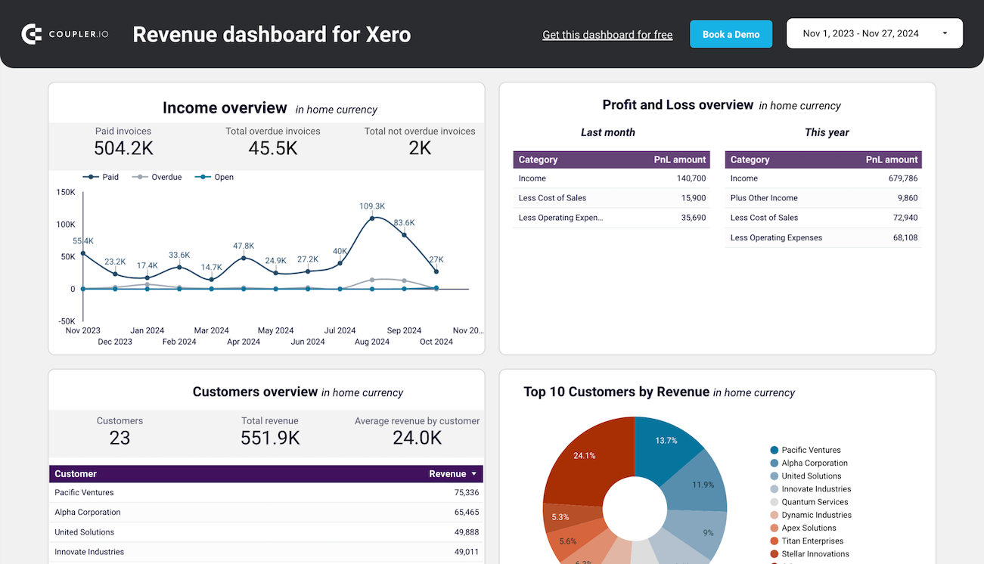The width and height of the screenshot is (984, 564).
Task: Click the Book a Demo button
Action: tap(731, 34)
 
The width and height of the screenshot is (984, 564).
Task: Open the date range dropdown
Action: tap(874, 34)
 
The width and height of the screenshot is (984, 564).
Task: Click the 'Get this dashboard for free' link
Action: tap(607, 35)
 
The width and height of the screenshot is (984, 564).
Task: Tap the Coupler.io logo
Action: tap(65, 34)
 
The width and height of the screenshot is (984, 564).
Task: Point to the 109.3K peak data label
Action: tap(372, 206)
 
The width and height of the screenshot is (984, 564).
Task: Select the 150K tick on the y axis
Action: tap(66, 192)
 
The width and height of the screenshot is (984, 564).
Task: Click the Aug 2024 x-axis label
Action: tap(372, 342)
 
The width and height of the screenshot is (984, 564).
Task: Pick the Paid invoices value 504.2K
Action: tap(123, 148)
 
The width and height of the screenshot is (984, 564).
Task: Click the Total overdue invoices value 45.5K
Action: tap(273, 148)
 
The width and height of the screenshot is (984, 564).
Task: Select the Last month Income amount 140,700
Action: tap(691, 178)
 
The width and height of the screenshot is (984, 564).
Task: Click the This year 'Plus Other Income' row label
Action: tap(764, 198)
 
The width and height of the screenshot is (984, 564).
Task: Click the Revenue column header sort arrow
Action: tap(474, 474)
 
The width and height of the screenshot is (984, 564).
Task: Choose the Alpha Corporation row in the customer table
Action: tap(88, 513)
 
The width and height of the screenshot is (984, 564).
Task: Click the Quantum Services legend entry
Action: tap(815, 502)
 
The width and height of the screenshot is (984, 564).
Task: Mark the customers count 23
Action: tap(120, 438)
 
